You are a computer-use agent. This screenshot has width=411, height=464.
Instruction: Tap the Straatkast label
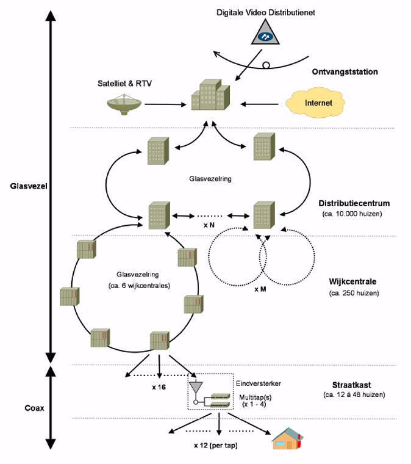click(348, 385)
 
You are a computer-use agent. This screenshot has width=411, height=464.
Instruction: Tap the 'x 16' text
click(159, 386)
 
